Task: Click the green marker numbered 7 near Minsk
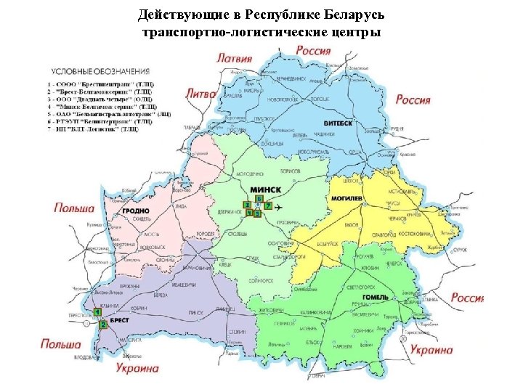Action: [x=268, y=207]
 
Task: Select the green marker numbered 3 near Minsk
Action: [x=247, y=206]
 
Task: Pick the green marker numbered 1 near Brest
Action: [x=97, y=312]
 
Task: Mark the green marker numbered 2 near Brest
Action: [x=103, y=325]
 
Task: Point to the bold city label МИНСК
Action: [x=265, y=189]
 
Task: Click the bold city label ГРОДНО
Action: [x=136, y=211]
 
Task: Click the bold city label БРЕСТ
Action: [x=120, y=319]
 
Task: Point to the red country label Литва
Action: [x=201, y=94]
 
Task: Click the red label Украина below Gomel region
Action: [x=431, y=350]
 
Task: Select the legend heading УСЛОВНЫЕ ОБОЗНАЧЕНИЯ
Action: [x=100, y=71]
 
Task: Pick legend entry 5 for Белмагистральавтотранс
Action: [x=108, y=114]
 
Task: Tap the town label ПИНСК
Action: [x=195, y=312]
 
